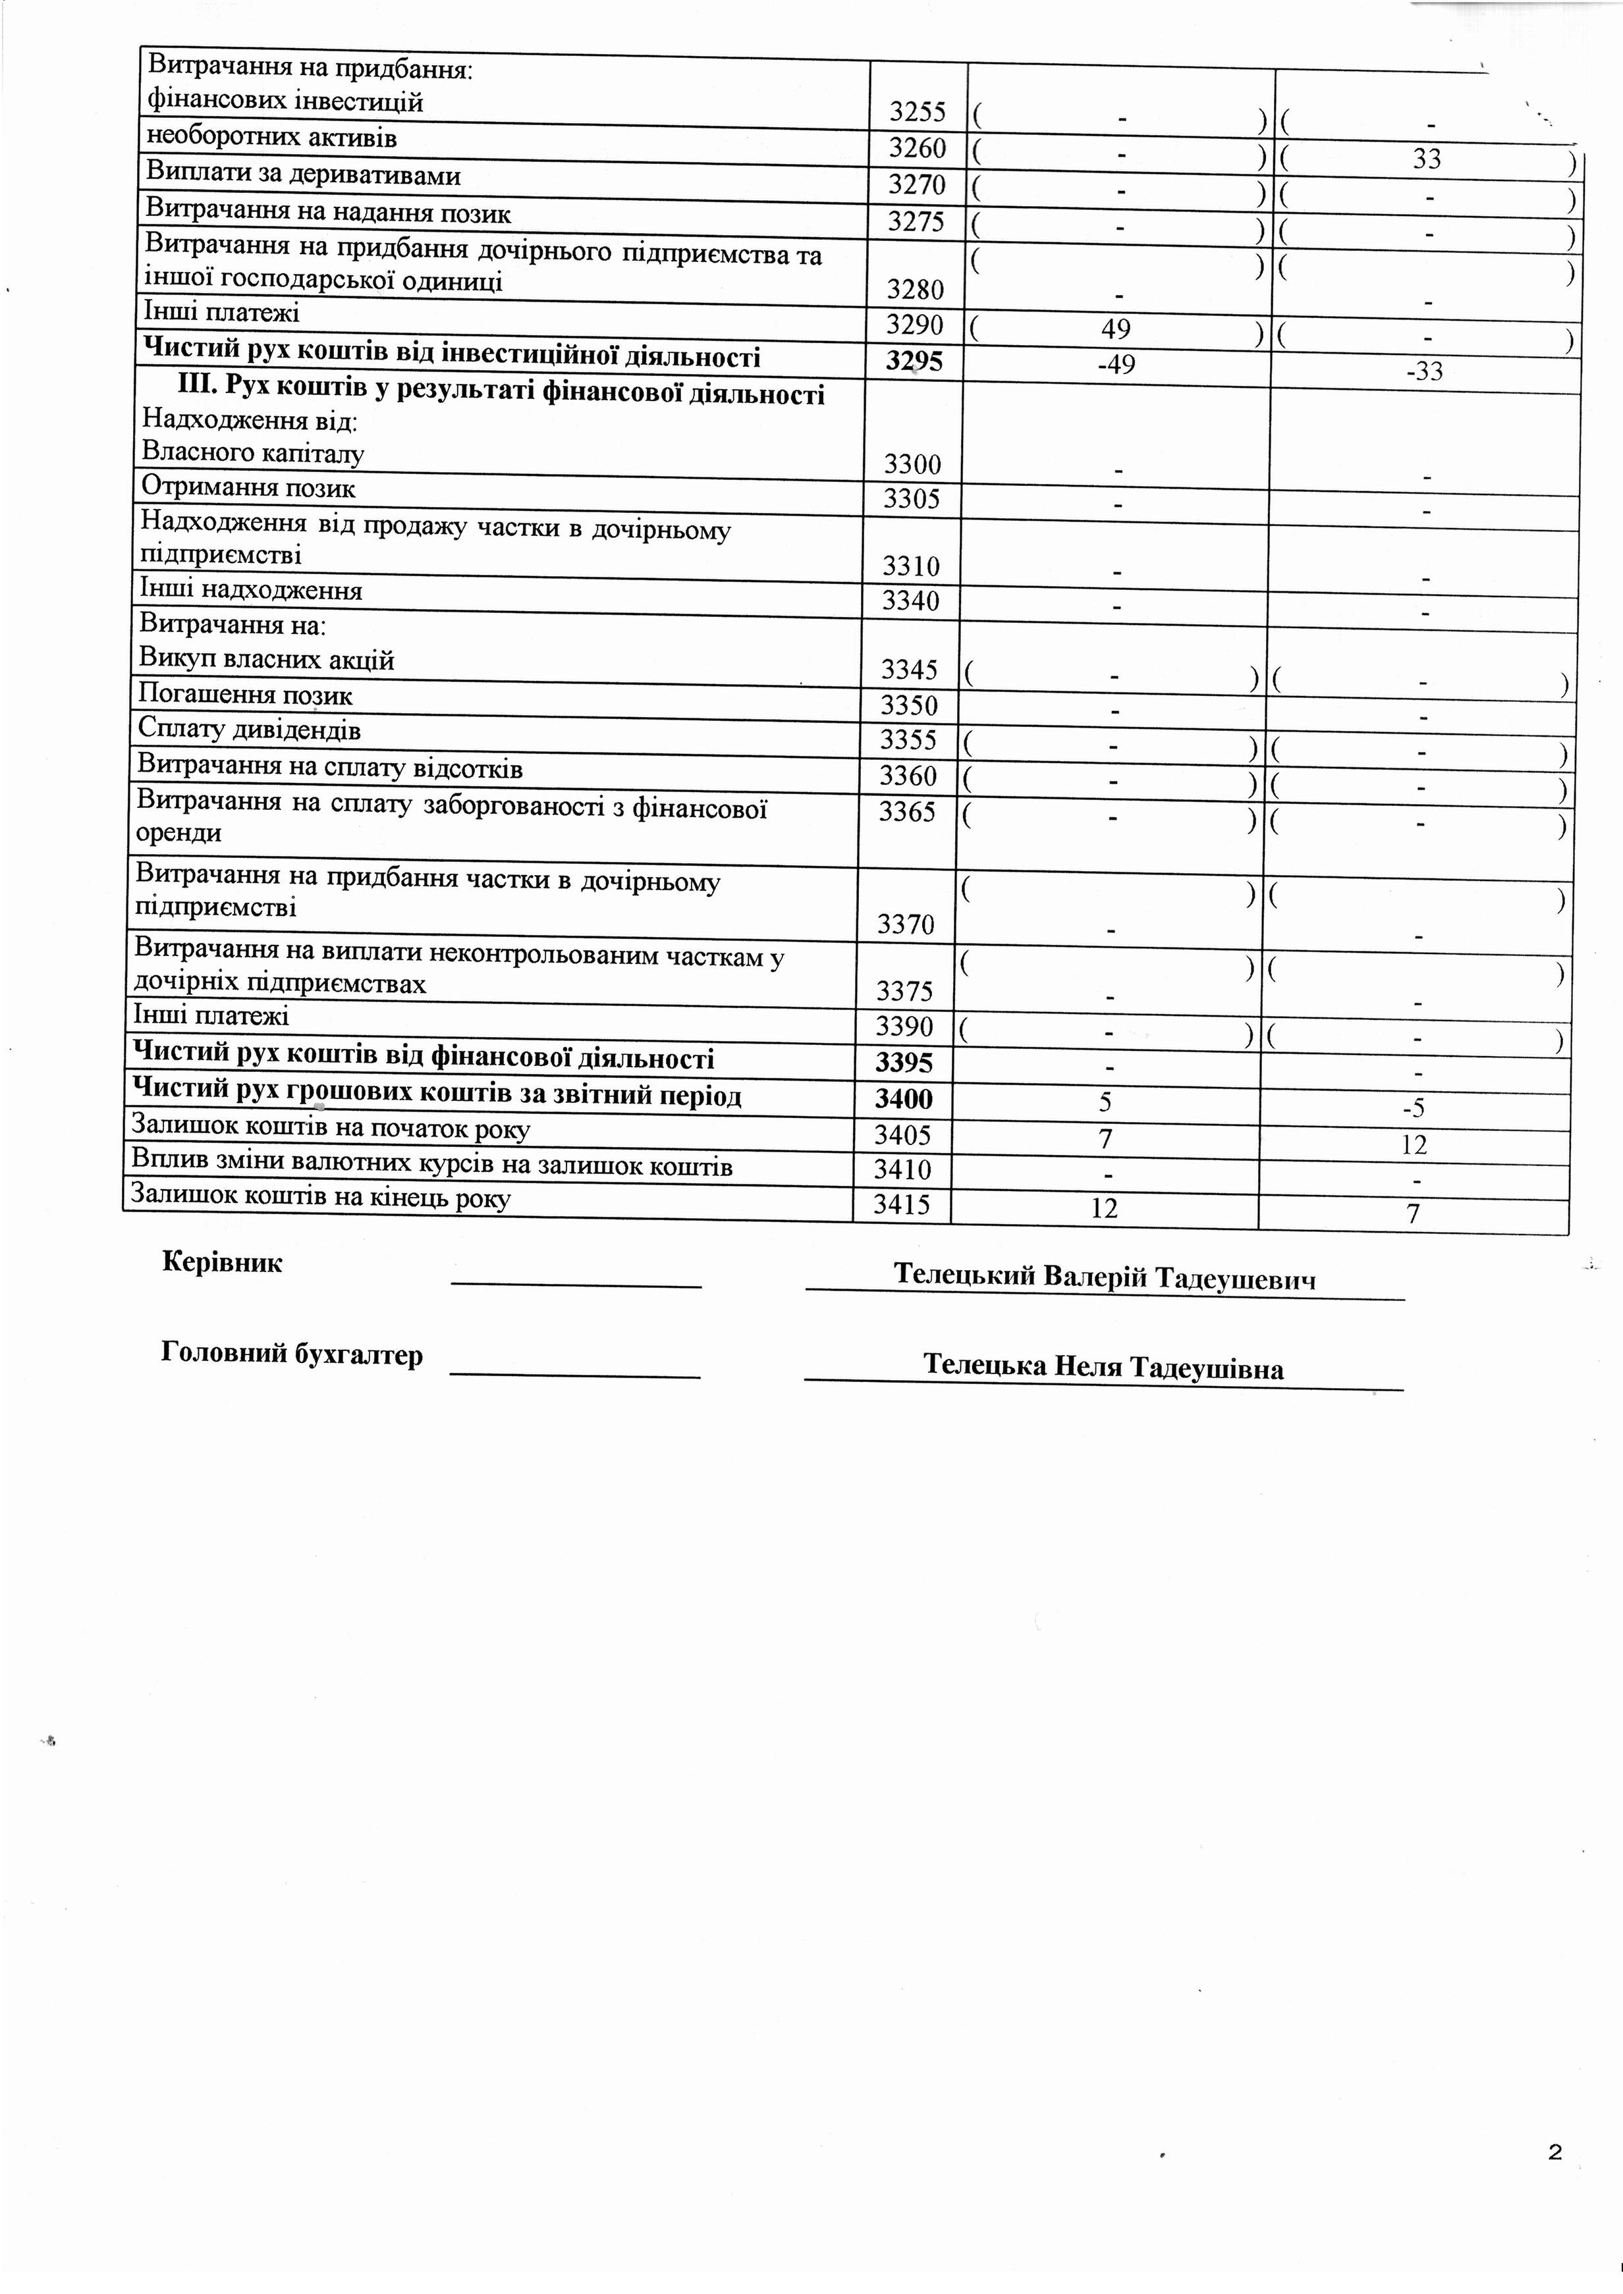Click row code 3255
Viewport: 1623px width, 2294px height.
point(916,112)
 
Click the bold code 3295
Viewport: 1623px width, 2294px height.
point(914,361)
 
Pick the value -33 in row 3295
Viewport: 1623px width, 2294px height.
point(1424,371)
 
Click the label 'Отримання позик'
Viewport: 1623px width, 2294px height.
point(248,489)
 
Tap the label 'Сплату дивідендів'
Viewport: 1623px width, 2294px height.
point(249,730)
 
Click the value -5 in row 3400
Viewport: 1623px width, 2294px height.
point(1415,1108)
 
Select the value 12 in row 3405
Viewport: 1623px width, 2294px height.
point(1414,1145)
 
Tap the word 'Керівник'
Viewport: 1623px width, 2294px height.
point(222,1262)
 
